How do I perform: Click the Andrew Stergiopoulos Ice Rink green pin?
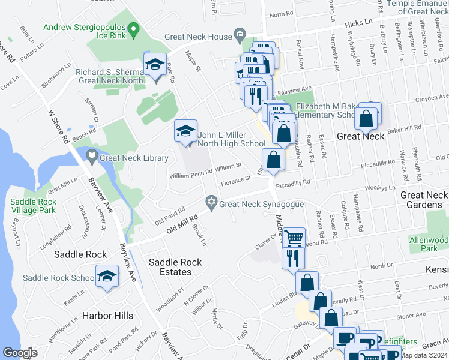(x=134, y=28)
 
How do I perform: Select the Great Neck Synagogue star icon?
(x=211, y=203)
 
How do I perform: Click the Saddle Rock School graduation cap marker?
(x=107, y=277)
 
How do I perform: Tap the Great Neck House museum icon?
(x=240, y=37)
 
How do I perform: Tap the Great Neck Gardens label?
(x=424, y=200)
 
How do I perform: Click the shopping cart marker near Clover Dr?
(x=293, y=238)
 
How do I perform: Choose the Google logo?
(x=20, y=353)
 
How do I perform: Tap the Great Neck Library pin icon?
(x=91, y=158)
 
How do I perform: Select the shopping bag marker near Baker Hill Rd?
(x=366, y=118)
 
